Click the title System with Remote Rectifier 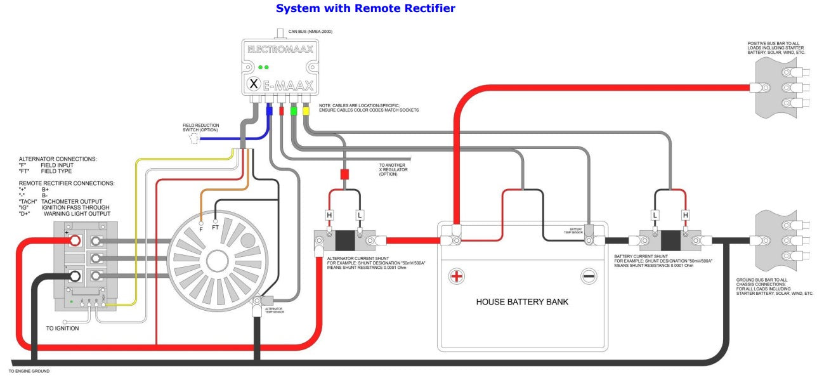366,9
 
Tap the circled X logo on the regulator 254,84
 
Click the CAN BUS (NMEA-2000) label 310,31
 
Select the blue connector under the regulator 269,110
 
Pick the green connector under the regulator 293,110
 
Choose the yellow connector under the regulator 305,110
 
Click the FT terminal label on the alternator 216,226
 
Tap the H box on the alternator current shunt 329,215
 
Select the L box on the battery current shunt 655,215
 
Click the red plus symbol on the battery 456,276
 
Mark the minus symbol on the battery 589,276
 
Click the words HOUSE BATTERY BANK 522,302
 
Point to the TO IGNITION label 63,329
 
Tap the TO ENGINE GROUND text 29,371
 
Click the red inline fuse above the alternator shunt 345,174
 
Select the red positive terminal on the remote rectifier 74,240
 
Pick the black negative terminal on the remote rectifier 74,275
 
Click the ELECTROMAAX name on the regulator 280,49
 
